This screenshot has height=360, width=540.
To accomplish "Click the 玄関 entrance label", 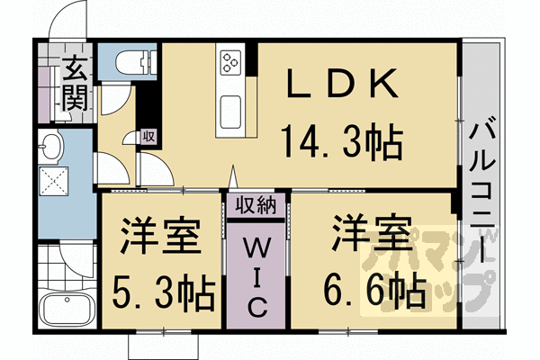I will point(76,84).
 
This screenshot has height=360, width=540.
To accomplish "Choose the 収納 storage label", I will point(256,206).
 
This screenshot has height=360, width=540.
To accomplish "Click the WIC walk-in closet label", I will point(256,274).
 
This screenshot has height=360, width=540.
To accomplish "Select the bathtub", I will point(67,310).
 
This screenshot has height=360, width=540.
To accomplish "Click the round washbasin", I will point(49,144).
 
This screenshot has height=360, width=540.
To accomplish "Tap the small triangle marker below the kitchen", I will point(231,177).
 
